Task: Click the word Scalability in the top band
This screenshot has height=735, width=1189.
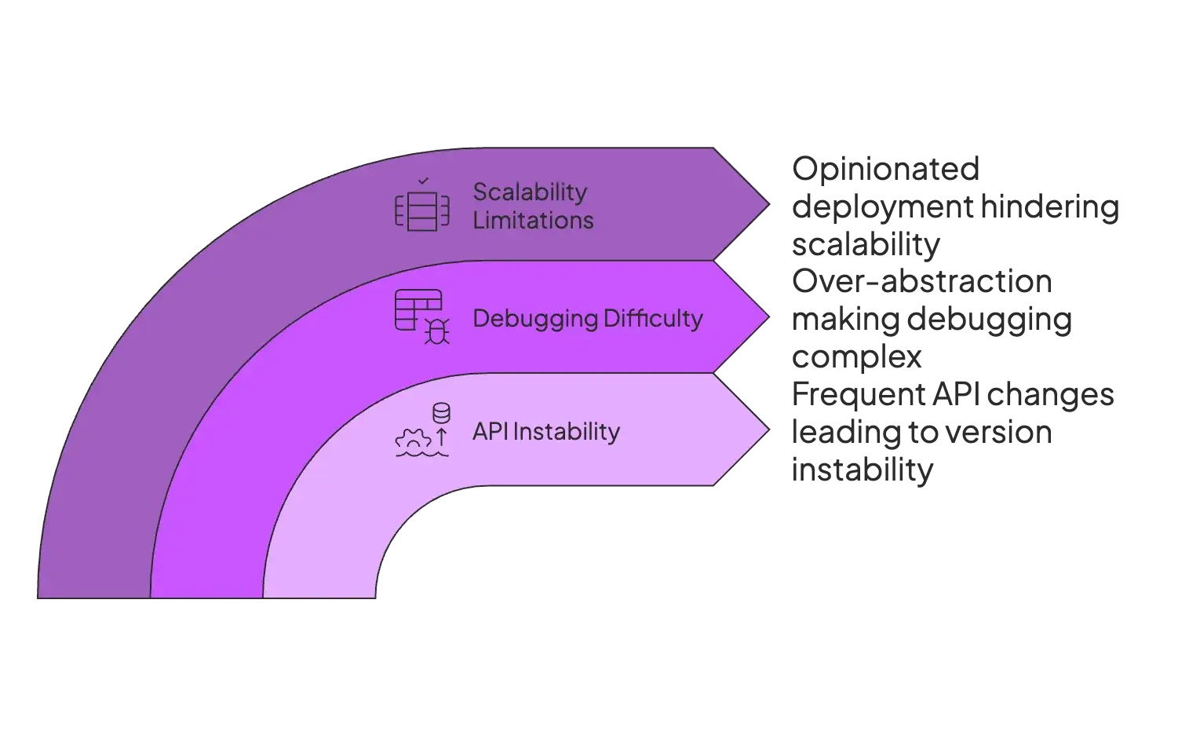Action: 530,192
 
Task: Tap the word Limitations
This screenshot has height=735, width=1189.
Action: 533,221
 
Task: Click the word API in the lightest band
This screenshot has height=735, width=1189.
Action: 490,431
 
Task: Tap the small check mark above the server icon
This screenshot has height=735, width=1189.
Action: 423,181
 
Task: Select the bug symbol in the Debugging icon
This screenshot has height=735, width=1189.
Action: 437,331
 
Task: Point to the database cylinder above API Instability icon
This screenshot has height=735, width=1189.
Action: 441,412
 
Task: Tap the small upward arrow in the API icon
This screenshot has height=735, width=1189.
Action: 441,437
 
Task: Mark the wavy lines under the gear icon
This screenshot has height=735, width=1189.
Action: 421,453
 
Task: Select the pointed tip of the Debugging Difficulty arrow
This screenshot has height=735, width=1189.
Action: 765,317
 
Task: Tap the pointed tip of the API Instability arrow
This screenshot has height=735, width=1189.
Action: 765,430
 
